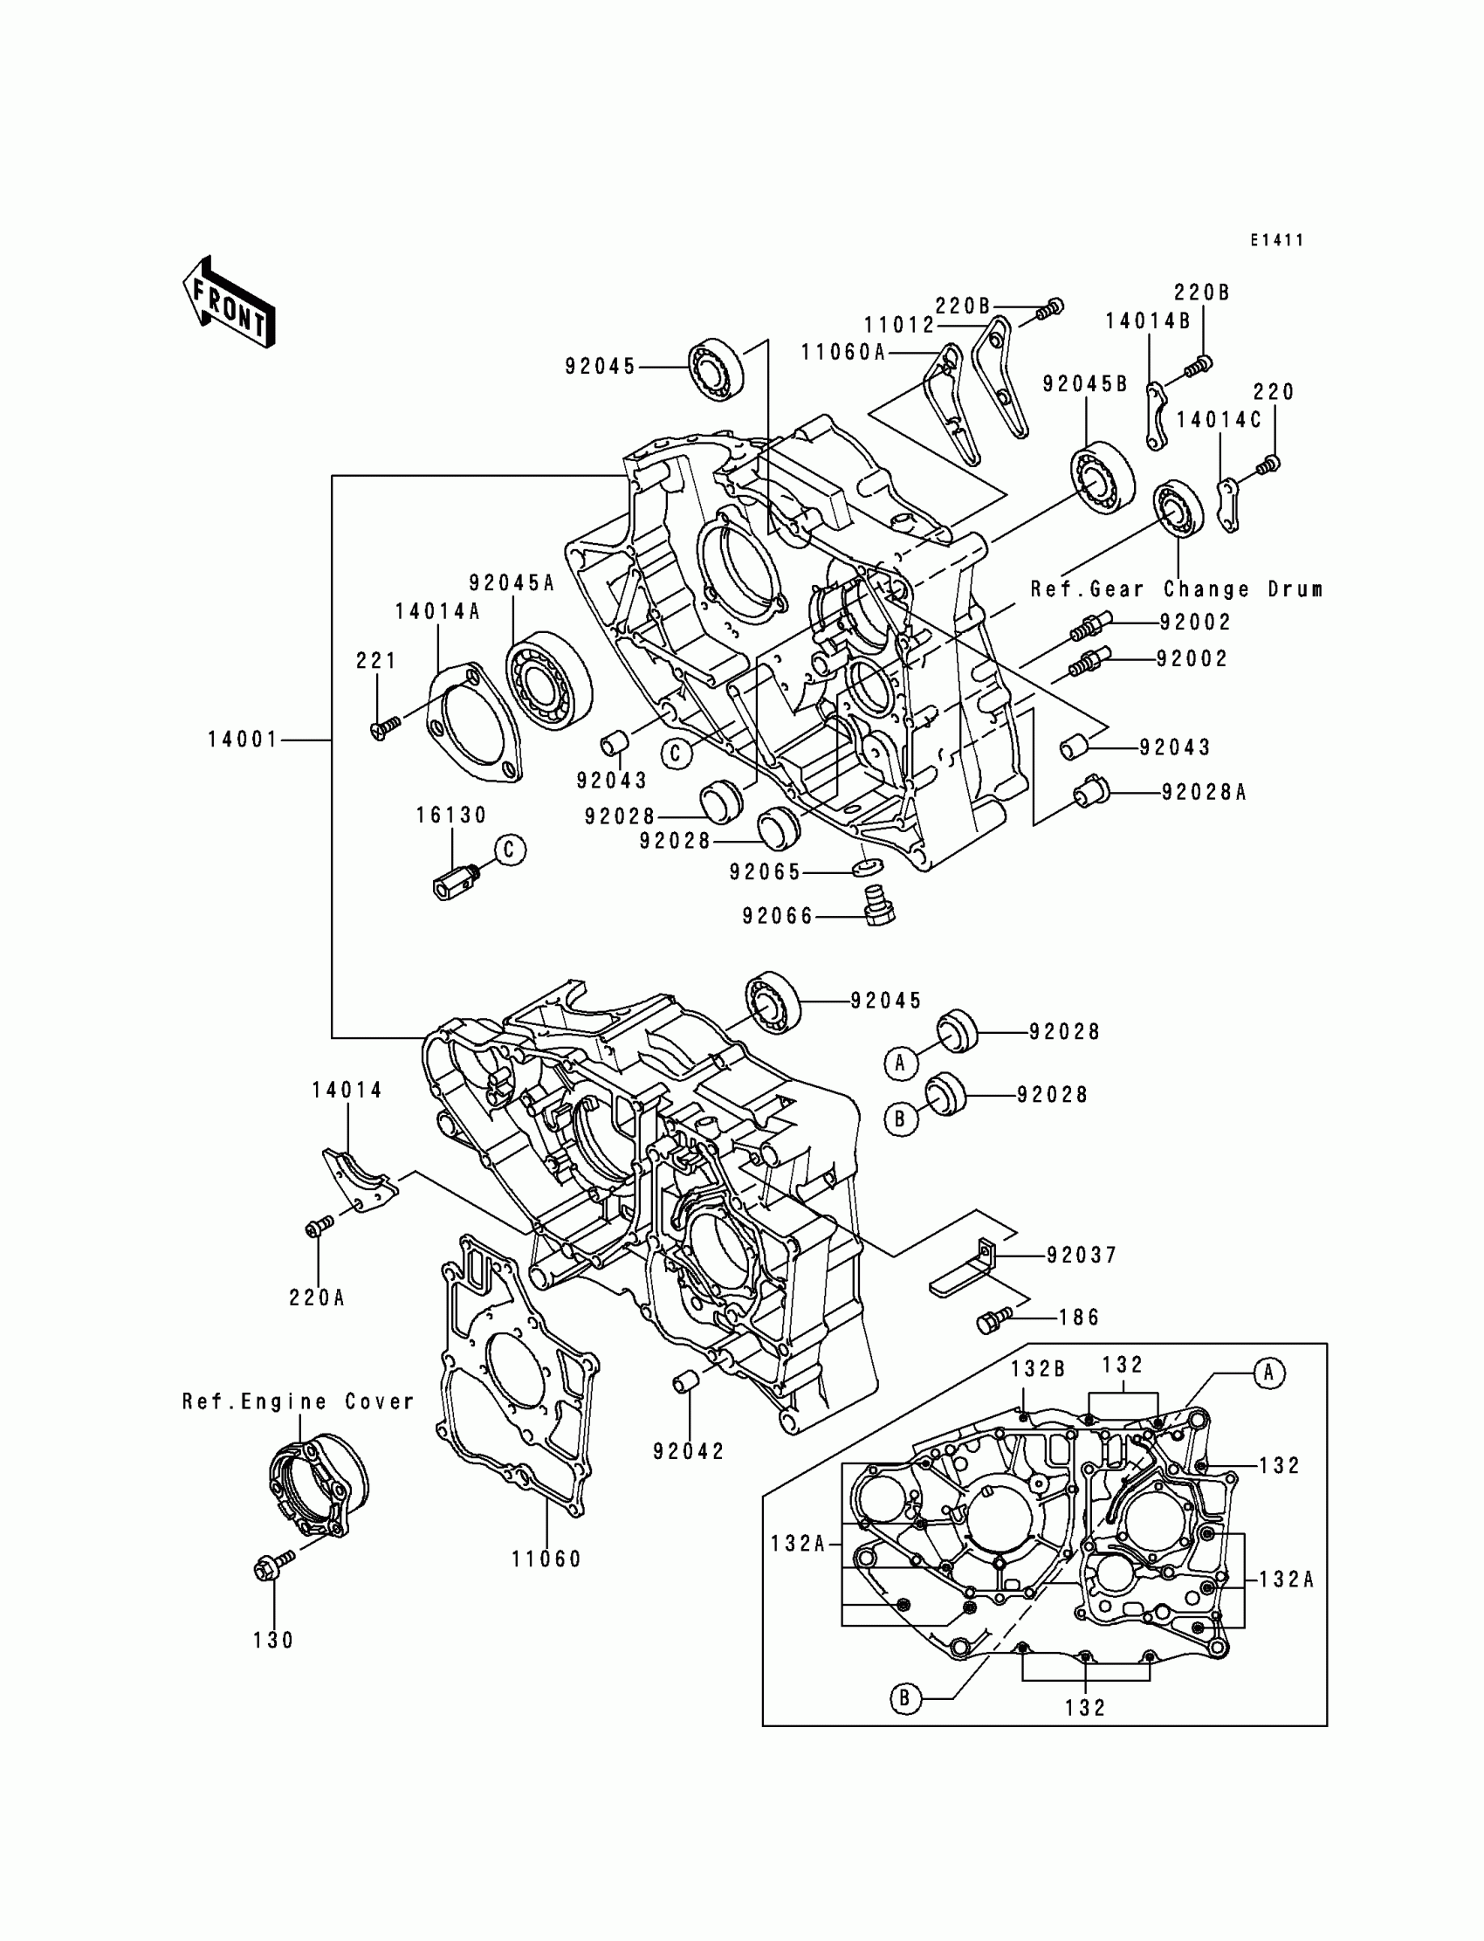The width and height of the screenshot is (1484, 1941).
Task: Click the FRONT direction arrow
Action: (229, 302)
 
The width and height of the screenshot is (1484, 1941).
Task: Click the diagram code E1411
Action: (1276, 240)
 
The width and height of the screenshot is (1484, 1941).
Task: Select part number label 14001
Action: (243, 740)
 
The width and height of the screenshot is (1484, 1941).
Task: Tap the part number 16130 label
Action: (451, 816)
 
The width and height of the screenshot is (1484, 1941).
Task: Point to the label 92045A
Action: (512, 583)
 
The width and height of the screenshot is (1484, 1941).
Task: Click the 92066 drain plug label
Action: (777, 916)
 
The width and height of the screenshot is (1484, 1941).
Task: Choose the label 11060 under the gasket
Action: (546, 1559)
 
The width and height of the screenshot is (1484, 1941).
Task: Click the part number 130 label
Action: (273, 1641)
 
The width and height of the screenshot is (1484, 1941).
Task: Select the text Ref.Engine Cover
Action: (298, 1402)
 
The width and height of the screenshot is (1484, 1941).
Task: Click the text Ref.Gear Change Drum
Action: (1177, 589)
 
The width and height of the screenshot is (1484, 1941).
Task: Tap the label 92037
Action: (1082, 1255)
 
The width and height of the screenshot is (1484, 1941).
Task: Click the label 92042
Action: (689, 1451)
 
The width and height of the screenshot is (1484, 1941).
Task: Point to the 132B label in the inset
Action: (1038, 1369)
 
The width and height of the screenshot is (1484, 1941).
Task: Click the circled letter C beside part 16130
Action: (510, 850)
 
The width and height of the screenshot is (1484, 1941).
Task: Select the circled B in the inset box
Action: (905, 1698)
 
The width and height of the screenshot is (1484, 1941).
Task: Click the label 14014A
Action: (437, 611)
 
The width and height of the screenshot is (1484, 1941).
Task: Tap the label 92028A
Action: (1203, 793)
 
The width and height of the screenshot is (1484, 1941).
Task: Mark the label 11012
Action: (898, 325)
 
